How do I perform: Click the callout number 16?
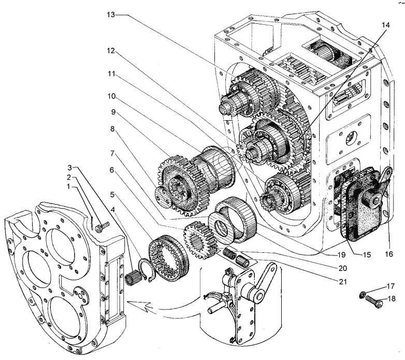click(x=390, y=254)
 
